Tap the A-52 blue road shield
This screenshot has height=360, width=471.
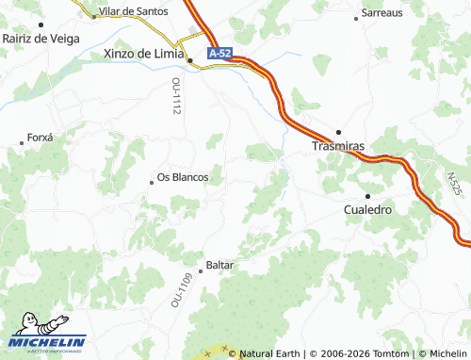coord(219,55)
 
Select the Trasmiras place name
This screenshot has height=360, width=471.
coord(337,146)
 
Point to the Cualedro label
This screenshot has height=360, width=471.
coord(368,209)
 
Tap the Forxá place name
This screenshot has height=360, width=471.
coord(41,137)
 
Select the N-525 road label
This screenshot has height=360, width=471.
coord(455,186)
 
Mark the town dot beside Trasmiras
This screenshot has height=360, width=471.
coord(339,132)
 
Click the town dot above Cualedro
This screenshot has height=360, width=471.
coord(367,195)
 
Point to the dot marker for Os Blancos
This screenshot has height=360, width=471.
coord(152,182)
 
